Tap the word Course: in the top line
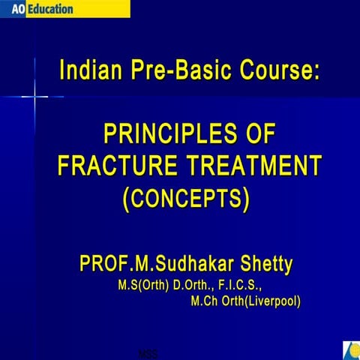tap(275, 73)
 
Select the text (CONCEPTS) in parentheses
tap(185, 199)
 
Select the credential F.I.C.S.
tap(240, 286)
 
